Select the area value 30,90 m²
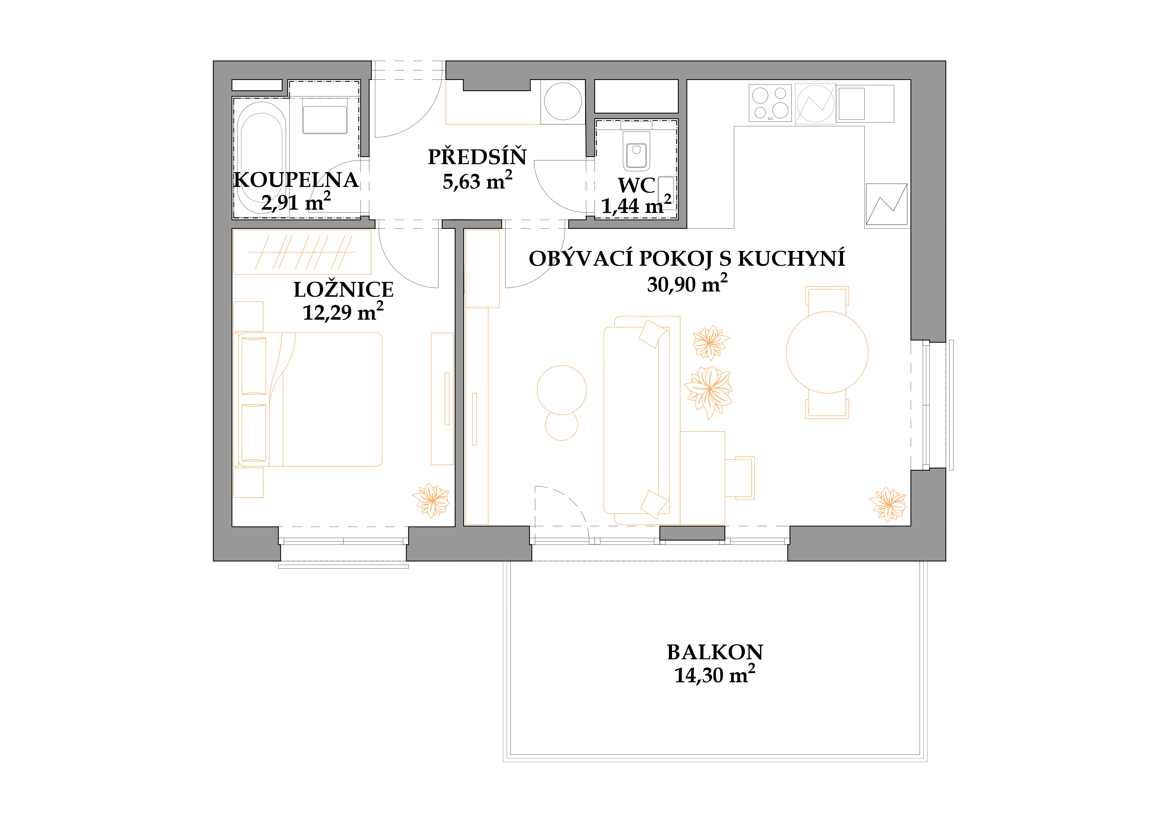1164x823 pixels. point(687,284)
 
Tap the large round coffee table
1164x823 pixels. point(562,390)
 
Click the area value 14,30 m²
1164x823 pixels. point(715,675)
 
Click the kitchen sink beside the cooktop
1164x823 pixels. point(852,103)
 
